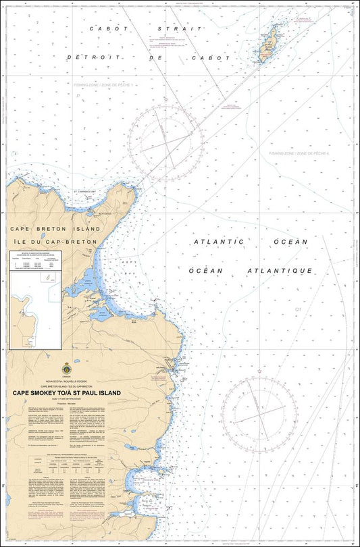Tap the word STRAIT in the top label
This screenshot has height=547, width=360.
click(180, 29)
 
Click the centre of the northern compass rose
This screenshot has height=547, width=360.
click(166, 142)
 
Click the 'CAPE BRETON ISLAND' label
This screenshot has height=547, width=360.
click(55, 229)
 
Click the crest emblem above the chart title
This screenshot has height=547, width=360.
click(66, 369)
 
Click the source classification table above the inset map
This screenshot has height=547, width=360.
click(35, 263)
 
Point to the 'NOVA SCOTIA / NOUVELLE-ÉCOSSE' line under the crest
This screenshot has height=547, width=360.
click(66, 381)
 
